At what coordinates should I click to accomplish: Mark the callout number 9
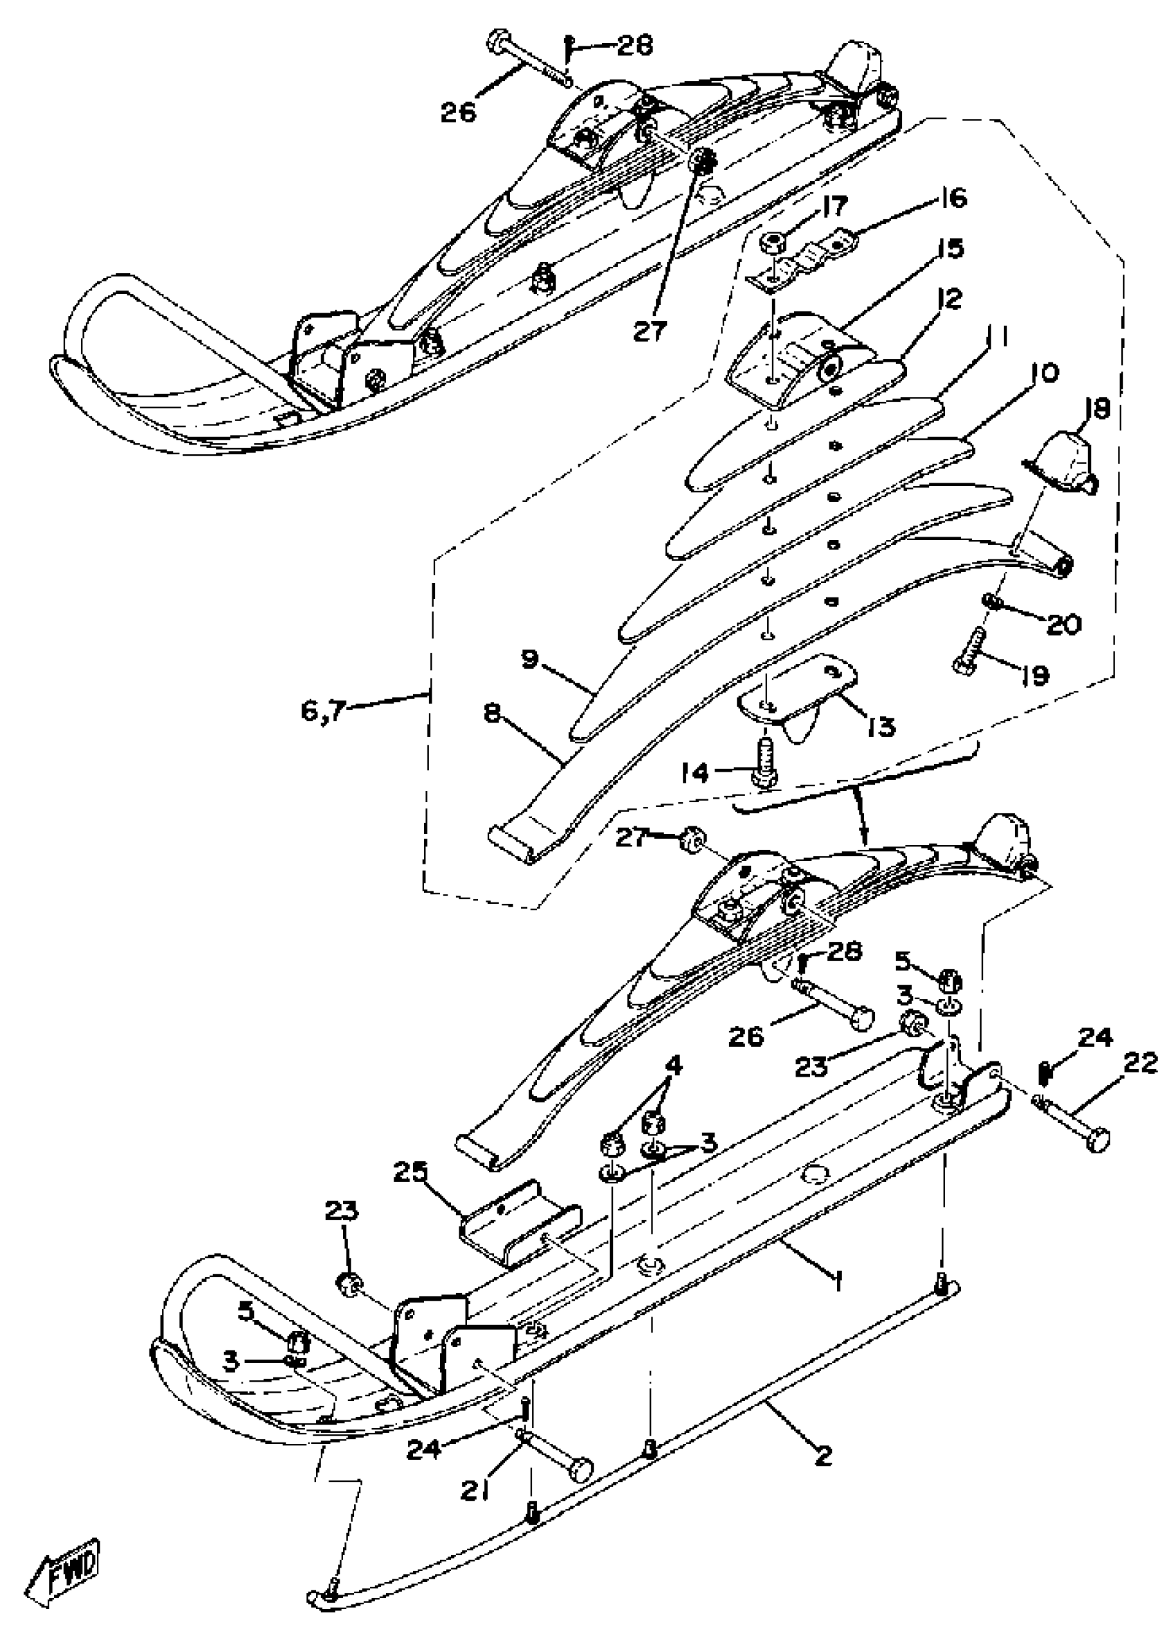click(531, 660)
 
